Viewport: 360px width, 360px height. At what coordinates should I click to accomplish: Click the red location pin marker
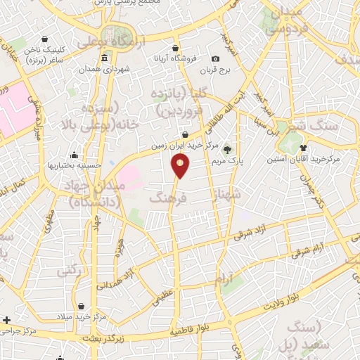click(181, 167)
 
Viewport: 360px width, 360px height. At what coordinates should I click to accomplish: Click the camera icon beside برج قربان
click(215, 58)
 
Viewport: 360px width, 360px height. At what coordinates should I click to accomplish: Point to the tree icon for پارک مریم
click(227, 150)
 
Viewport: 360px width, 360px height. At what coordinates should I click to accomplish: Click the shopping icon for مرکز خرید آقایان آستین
click(303, 148)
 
